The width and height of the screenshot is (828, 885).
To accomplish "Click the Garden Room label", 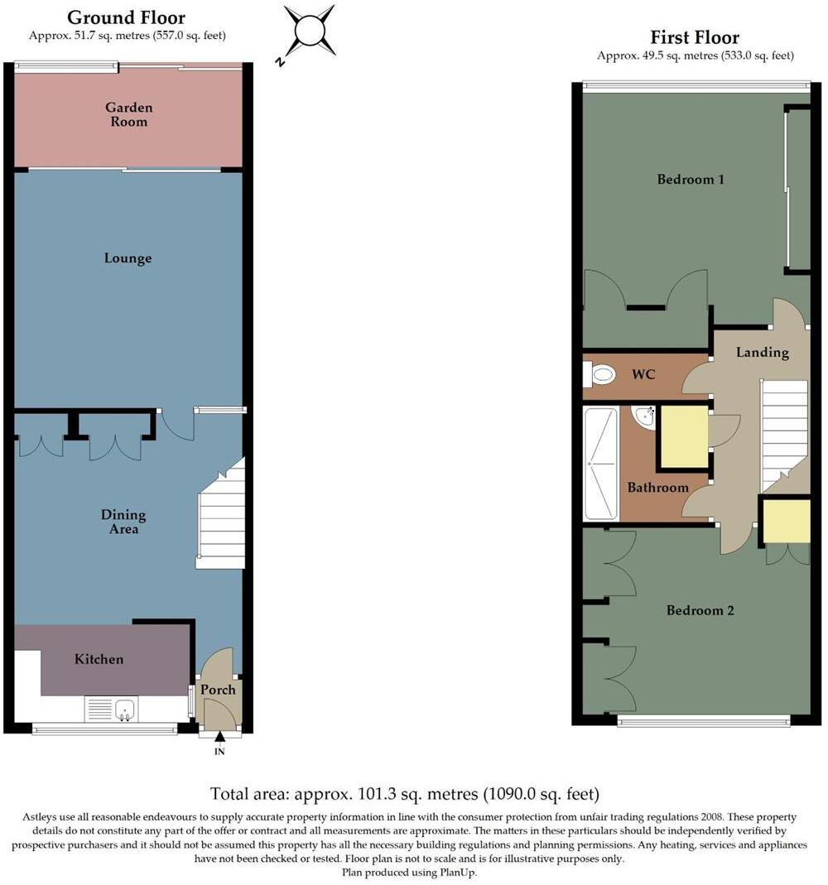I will [x=128, y=114].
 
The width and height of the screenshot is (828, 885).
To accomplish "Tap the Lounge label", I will [x=128, y=258].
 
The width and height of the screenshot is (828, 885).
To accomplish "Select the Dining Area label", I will [x=123, y=522].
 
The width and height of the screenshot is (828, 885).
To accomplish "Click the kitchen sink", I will [x=125, y=709].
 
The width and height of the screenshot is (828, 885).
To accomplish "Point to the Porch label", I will [x=219, y=690].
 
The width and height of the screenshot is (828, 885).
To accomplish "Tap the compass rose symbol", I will [x=309, y=32].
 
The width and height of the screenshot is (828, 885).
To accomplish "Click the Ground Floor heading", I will [x=127, y=17].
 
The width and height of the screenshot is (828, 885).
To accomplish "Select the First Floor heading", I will [x=695, y=37].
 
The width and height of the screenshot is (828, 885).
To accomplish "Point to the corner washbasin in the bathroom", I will [x=644, y=416].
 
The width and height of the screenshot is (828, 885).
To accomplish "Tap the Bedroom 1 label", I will [x=691, y=179].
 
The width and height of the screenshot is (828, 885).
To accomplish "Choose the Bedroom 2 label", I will [x=700, y=610].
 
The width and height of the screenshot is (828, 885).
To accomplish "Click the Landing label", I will [x=762, y=352].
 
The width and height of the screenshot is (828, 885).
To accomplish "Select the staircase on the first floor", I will [x=783, y=435].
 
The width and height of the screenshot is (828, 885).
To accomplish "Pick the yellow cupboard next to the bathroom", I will [x=683, y=436].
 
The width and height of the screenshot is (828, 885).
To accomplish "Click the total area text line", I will [x=404, y=794].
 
